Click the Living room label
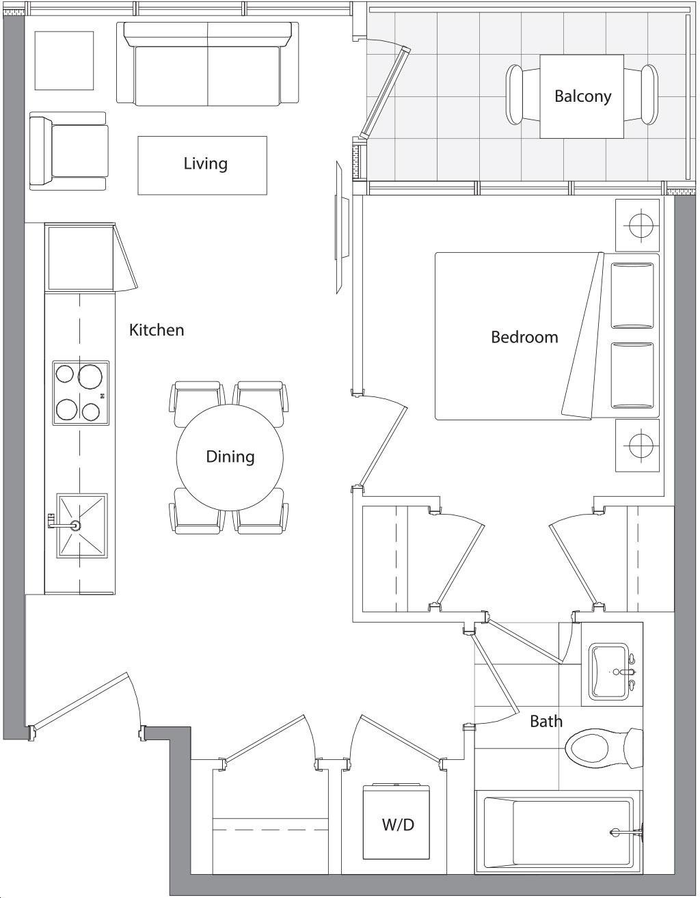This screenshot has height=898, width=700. coord(205,163)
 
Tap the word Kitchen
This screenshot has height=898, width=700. coord(157,330)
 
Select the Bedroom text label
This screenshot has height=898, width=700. coord(524,337)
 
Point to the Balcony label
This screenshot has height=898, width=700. coord(582,96)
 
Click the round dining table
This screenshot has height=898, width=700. coord(230,457)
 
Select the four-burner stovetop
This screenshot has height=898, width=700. coord(81,393)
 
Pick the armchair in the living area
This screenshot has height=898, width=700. coord(68,151)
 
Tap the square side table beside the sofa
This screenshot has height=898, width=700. coord(64,60)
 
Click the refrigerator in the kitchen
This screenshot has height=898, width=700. coord(81,257)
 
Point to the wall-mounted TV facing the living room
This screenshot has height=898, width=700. coord(341,228)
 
